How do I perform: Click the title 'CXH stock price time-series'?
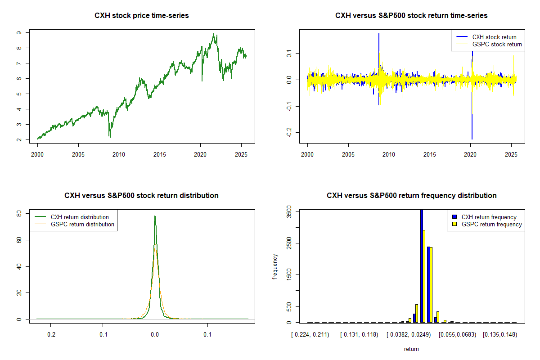click(x=141, y=16)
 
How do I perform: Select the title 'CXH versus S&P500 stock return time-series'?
click(x=411, y=16)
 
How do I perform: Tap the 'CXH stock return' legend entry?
click(x=494, y=37)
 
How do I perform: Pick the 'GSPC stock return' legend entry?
click(x=497, y=44)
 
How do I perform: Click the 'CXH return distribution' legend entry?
click(x=80, y=217)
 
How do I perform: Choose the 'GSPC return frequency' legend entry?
click(x=491, y=224)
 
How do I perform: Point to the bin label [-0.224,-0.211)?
click(x=310, y=335)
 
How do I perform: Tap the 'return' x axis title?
click(x=411, y=349)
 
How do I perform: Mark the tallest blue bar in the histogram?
click(x=422, y=265)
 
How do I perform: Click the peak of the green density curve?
click(x=155, y=216)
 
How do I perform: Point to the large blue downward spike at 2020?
click(x=472, y=126)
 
